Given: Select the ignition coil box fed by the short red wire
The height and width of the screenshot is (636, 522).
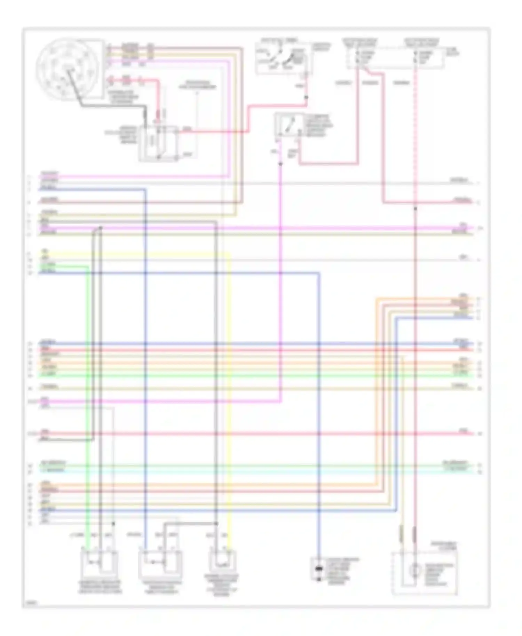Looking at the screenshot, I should [159, 144].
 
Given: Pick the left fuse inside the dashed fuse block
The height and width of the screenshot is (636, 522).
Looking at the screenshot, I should [357, 58].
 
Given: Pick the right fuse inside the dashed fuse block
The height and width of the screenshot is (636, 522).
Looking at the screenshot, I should [415, 58].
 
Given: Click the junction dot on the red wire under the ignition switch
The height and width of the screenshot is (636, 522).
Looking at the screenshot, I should [306, 98].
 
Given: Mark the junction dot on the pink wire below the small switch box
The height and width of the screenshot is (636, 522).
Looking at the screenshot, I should [280, 164].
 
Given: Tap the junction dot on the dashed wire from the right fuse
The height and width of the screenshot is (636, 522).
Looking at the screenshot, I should [415, 209].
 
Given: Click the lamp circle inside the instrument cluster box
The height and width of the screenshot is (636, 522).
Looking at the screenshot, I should [414, 570].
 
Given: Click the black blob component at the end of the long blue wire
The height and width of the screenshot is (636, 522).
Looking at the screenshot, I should [318, 570].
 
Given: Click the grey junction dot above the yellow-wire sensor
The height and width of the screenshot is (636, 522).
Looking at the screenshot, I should [216, 523].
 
